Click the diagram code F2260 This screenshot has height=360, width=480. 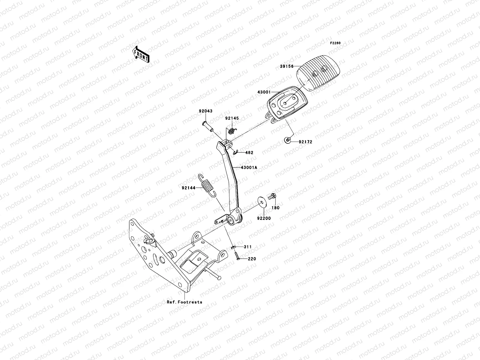click(x=335, y=43)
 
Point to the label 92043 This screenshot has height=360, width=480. click(x=205, y=111)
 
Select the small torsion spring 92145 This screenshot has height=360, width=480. click(x=231, y=130)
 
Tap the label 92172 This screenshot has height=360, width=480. click(x=305, y=142)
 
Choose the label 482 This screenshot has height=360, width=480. click(x=249, y=153)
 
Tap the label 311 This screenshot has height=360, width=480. click(x=247, y=247)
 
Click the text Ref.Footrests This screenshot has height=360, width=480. click(x=184, y=302)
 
